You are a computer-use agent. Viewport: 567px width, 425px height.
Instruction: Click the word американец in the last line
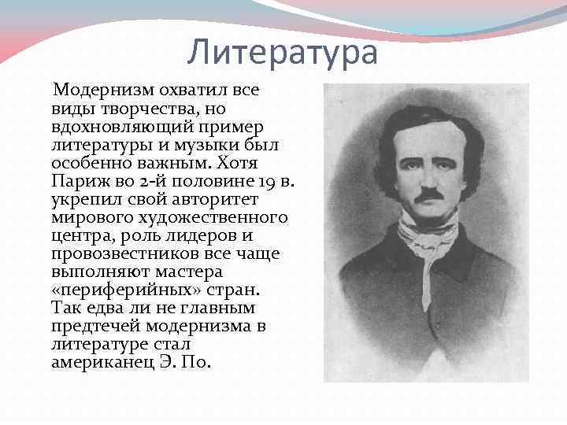(98, 361)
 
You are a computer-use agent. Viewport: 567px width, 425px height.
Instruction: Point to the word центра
(76, 235)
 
